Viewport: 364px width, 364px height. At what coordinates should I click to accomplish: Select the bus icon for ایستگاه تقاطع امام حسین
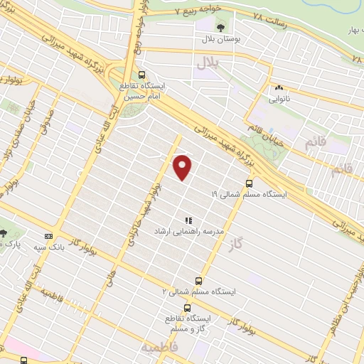click(x=141, y=75)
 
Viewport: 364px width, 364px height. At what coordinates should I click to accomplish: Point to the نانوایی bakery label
click(x=277, y=100)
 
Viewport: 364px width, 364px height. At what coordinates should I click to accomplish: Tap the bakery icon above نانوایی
click(x=278, y=88)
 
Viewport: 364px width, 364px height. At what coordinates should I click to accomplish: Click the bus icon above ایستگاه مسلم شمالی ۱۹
click(x=248, y=183)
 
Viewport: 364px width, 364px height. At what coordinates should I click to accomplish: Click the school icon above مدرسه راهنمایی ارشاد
click(x=188, y=222)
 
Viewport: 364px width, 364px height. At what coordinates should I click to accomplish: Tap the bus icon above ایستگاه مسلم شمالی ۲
click(x=198, y=280)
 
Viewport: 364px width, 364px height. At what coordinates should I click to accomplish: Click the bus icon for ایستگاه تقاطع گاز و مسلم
click(x=187, y=308)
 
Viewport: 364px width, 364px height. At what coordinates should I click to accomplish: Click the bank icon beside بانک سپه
click(x=48, y=236)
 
